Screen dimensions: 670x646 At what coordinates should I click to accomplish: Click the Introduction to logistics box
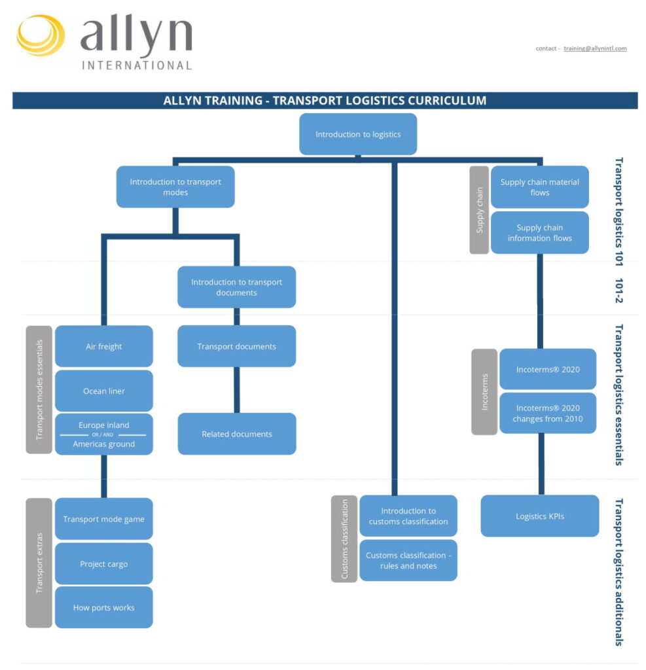(x=357, y=134)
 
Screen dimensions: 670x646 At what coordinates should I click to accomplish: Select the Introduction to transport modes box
(x=175, y=187)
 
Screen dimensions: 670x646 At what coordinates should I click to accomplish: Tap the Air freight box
(x=104, y=346)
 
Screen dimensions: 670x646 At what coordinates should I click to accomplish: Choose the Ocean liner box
(x=104, y=391)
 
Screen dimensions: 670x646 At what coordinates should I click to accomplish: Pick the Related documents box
(x=236, y=434)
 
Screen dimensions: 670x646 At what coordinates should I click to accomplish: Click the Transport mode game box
(x=104, y=519)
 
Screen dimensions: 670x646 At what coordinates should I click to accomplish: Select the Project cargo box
(x=104, y=563)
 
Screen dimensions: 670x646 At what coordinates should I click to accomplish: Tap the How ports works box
(x=104, y=607)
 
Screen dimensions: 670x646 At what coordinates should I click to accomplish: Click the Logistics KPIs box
(x=539, y=516)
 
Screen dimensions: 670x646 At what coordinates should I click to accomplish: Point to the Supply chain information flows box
(x=539, y=233)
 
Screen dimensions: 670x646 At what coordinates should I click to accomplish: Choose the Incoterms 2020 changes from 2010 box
(x=547, y=414)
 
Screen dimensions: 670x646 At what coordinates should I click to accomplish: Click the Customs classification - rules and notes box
(x=408, y=560)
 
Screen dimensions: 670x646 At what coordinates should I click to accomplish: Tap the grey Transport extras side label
(x=39, y=563)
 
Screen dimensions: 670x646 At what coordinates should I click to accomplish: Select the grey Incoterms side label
(x=484, y=392)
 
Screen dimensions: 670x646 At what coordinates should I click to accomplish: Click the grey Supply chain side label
(x=479, y=210)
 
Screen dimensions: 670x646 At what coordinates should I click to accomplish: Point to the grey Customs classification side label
(x=344, y=539)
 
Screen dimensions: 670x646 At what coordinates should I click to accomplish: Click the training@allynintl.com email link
(x=595, y=48)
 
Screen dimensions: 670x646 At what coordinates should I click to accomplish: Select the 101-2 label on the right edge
(x=619, y=289)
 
